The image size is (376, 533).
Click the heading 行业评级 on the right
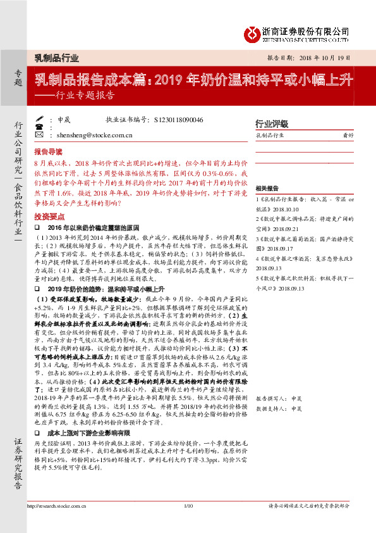271,123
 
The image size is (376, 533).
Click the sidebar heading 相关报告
267,189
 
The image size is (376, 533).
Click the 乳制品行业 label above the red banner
56,58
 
